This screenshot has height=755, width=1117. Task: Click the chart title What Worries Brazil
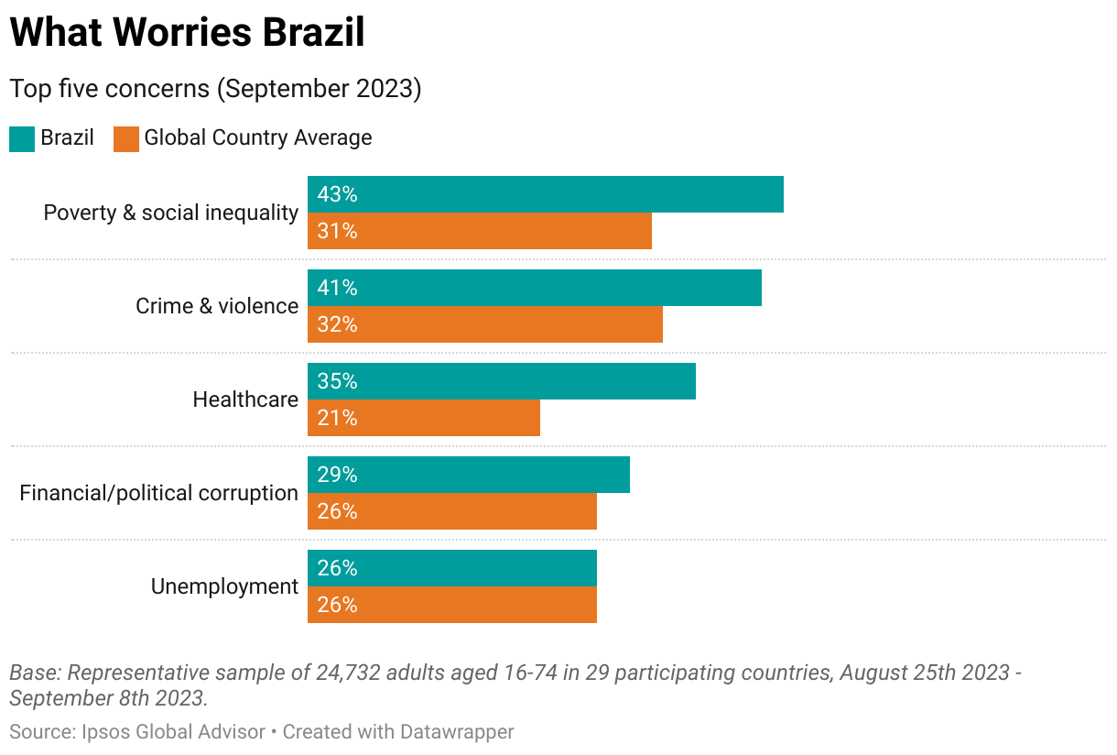pos(187,33)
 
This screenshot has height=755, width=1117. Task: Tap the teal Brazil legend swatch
pos(22,138)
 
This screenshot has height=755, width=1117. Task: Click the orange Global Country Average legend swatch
pos(126,138)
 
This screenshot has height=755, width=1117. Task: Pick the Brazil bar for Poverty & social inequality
pos(545,194)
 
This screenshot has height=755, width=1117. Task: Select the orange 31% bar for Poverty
pos(479,231)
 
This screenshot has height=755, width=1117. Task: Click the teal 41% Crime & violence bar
pos(534,288)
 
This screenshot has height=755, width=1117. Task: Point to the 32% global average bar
pos(484,324)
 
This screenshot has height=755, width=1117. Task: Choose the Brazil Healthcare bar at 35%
pos(501,381)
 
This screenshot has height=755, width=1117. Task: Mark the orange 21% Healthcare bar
pos(423,418)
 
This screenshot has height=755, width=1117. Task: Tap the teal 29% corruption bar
pos(468,475)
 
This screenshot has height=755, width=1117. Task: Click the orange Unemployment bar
pos(451,605)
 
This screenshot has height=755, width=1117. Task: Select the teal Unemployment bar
pos(451,568)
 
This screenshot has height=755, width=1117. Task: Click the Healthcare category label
pos(245,399)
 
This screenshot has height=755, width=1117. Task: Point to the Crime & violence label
pos(217,306)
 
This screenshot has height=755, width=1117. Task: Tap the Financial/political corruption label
pos(159,493)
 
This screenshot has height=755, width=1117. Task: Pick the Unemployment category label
pos(224,586)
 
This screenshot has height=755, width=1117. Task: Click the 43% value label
pos(337,194)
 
